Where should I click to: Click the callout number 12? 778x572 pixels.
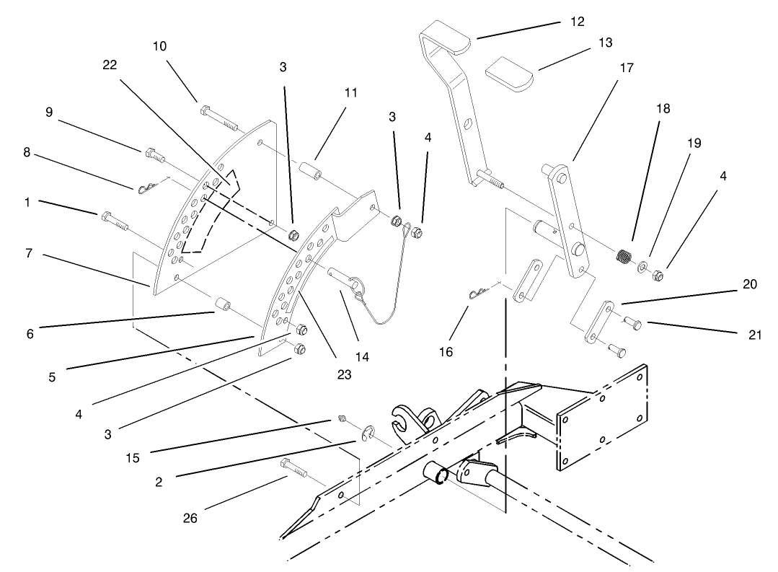pos(577,21)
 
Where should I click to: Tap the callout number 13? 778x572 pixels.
pos(605,43)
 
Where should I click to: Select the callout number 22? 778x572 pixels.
pos(110,64)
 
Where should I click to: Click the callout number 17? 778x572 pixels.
pos(626,68)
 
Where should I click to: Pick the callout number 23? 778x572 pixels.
pos(344,374)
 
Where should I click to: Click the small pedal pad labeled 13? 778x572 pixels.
pos(508,75)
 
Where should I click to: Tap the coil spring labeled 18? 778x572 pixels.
pos(624,256)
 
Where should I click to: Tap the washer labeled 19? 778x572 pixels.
pos(641,267)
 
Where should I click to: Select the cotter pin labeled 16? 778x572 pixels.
pos(478,292)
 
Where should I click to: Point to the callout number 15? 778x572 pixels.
pos(132,457)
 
